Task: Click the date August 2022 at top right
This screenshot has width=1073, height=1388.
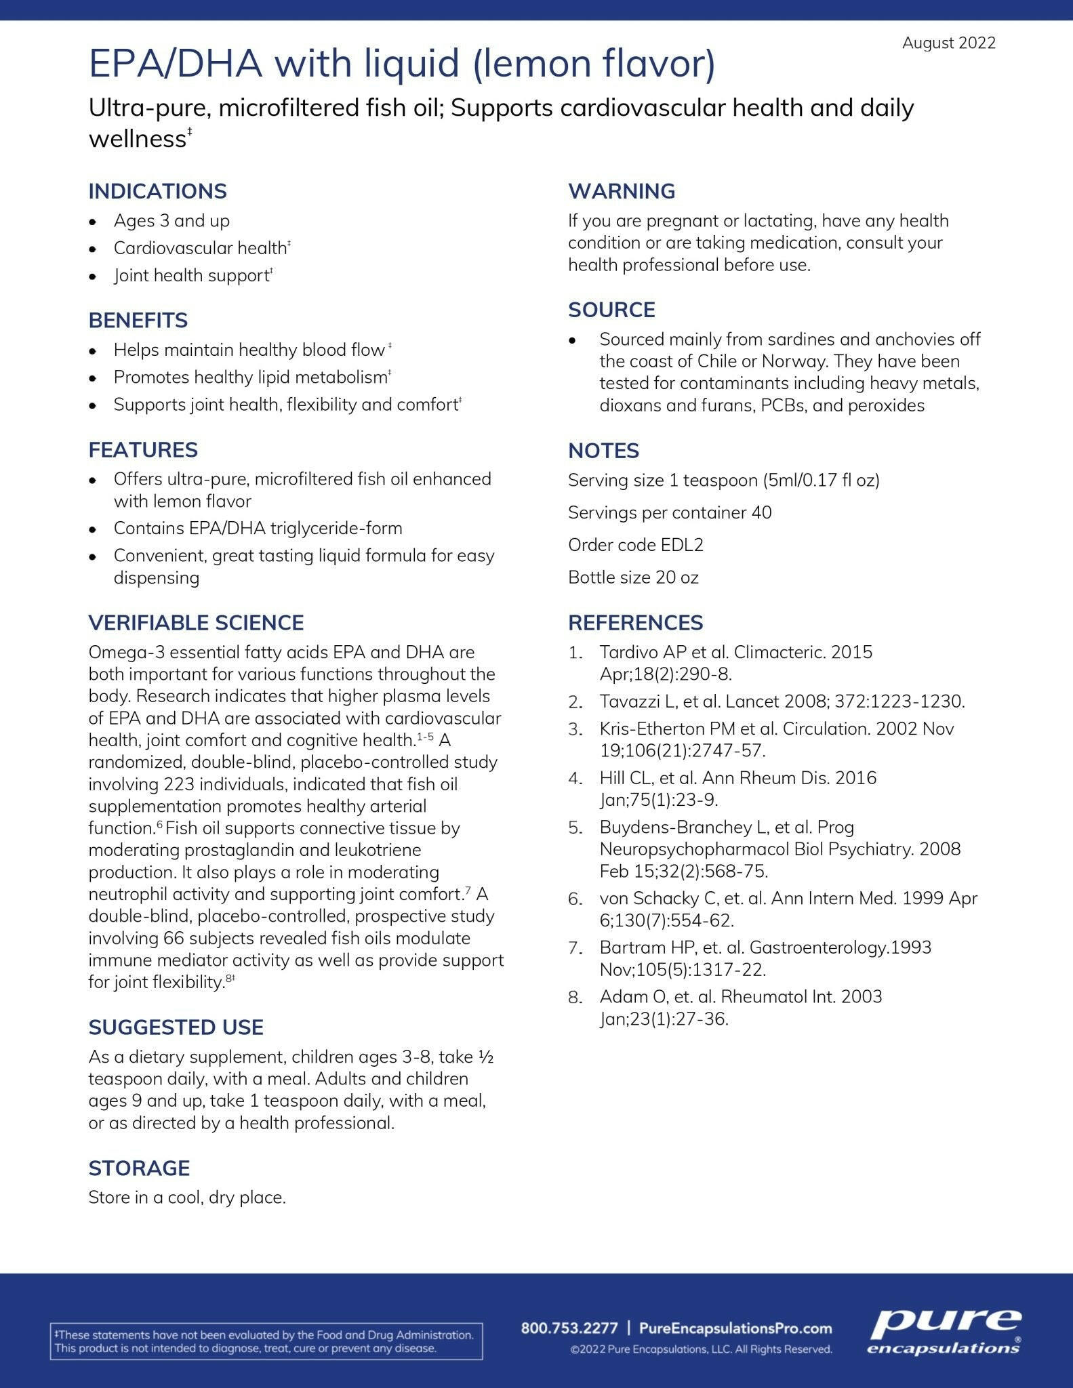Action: point(948,43)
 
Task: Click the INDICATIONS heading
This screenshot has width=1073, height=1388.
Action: point(157,191)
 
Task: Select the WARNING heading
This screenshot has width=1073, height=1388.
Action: point(622,191)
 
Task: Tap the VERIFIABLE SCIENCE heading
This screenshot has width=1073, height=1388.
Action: point(196,623)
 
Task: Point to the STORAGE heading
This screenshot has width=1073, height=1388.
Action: point(139,1168)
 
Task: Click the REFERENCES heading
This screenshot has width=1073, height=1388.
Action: point(635,623)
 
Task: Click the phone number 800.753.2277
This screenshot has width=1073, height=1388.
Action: point(569,1328)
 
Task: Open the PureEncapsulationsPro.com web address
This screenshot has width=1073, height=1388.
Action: point(735,1328)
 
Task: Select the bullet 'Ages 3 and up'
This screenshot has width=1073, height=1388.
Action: point(171,221)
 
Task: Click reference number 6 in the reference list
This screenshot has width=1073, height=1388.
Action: point(575,899)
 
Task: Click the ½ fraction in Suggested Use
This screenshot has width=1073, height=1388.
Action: point(485,1057)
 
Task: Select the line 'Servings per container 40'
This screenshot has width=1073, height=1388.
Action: point(670,512)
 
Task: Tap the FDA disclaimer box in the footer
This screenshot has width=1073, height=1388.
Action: point(266,1341)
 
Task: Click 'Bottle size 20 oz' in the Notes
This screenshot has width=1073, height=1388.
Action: point(633,577)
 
